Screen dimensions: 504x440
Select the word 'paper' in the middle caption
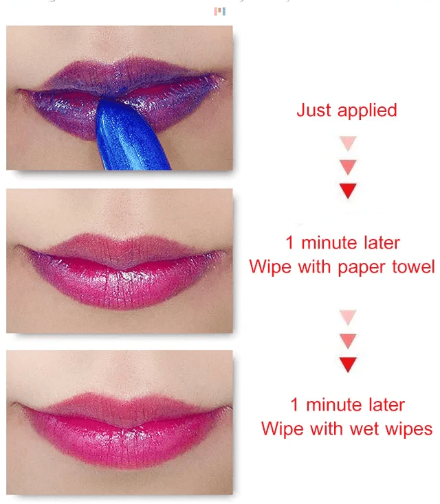click(x=364, y=267)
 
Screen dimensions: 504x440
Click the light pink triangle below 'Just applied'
click(x=349, y=144)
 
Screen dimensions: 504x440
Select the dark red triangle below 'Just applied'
click(x=349, y=190)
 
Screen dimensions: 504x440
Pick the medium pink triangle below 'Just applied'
click(x=349, y=166)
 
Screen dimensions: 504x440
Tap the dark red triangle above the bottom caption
click(x=349, y=363)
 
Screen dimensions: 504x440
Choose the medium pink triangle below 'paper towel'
click(x=349, y=340)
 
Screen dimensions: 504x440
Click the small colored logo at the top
click(x=220, y=11)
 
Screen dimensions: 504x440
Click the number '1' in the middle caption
click(x=290, y=243)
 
